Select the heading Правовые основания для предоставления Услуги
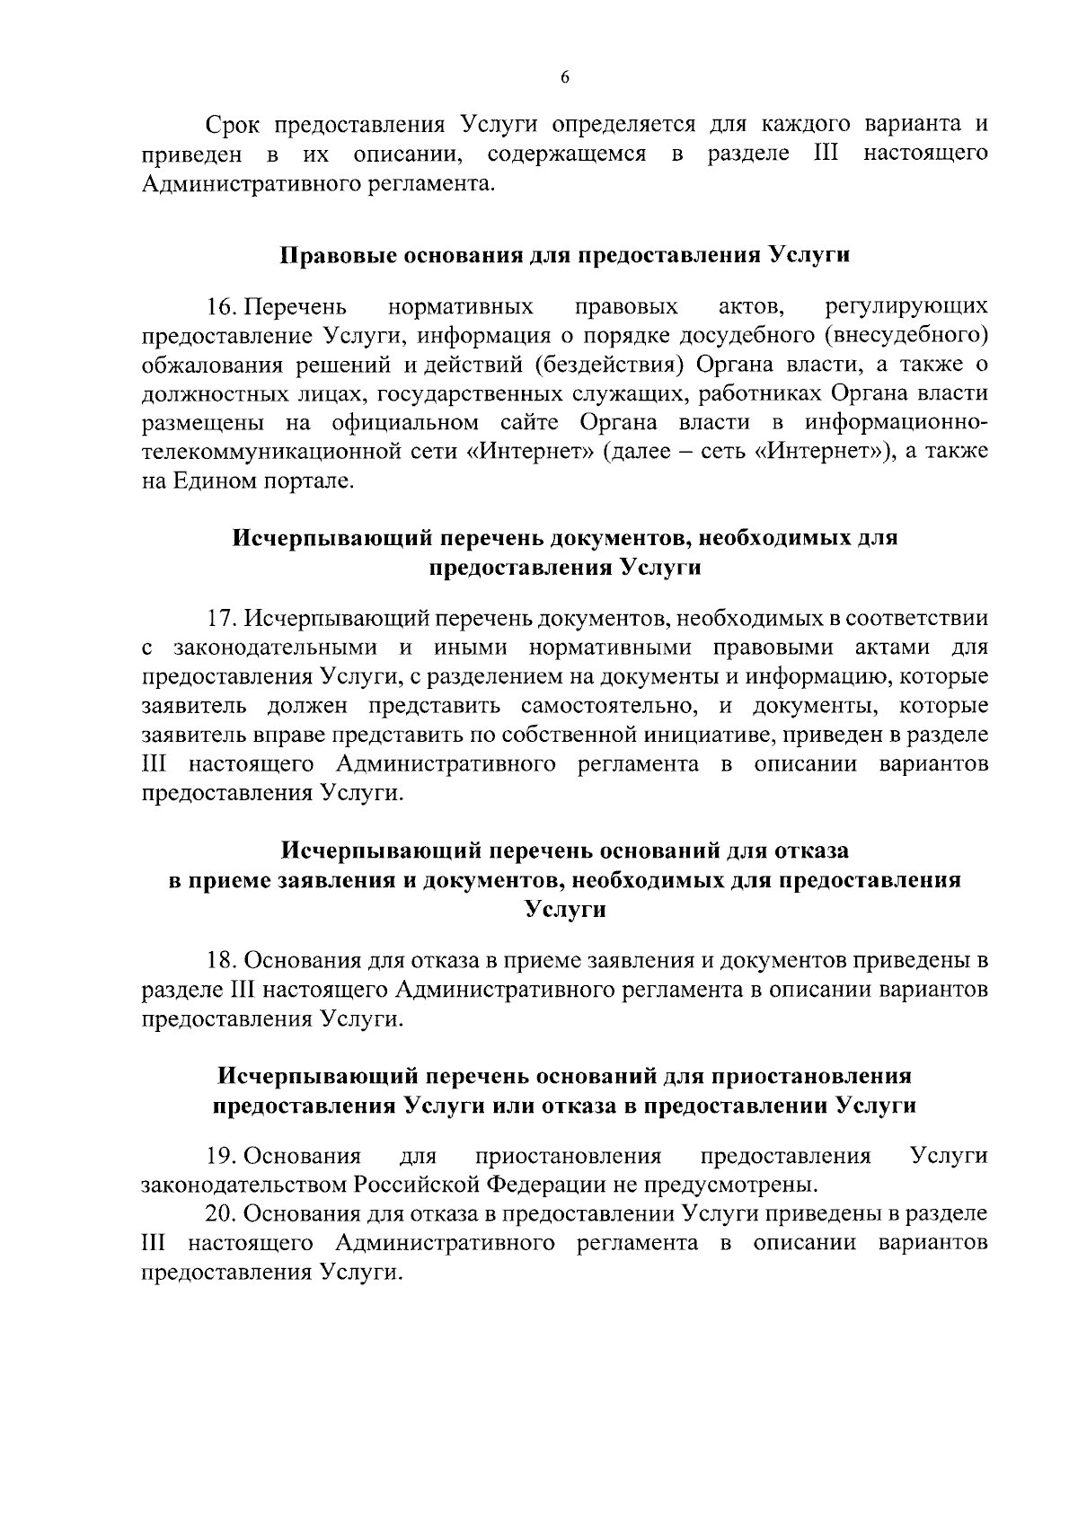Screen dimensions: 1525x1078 click(565, 254)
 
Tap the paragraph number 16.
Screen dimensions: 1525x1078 click(222, 307)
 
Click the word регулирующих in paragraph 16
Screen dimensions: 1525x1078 click(906, 307)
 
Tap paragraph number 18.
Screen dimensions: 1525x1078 click(222, 960)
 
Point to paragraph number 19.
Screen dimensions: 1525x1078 click(222, 1155)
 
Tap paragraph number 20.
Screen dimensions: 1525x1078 click(222, 1212)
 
